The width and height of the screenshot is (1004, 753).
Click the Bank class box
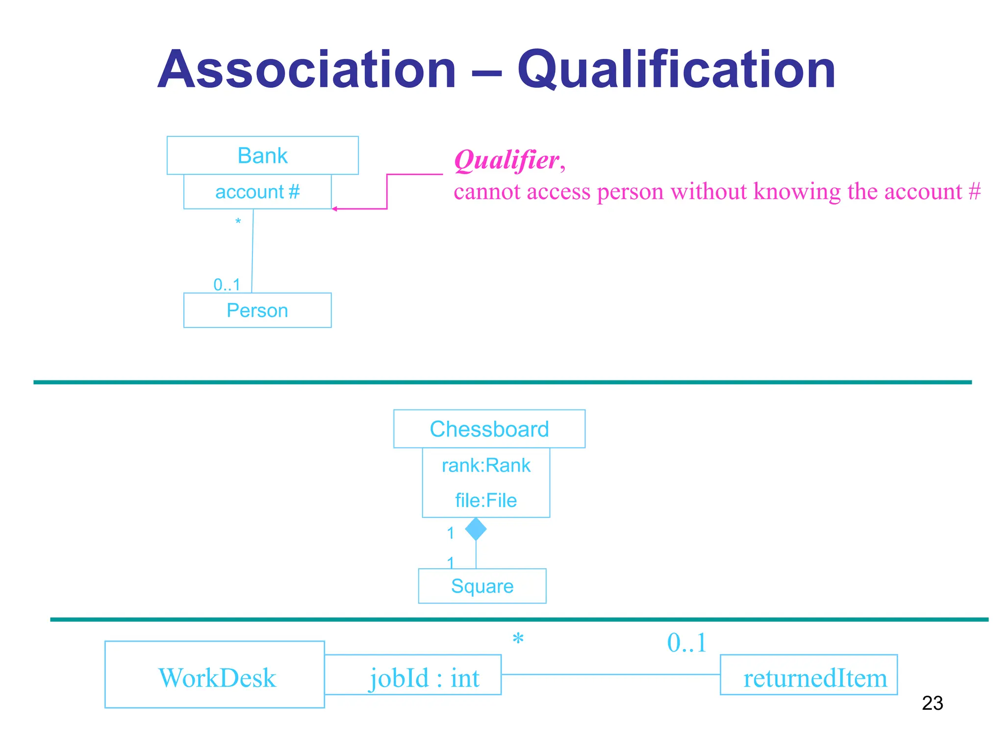pyautogui.click(x=262, y=155)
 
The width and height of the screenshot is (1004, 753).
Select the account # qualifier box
pyautogui.click(x=257, y=192)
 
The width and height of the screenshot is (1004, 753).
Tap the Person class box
pyautogui.click(x=257, y=310)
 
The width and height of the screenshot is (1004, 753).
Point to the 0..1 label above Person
pyautogui.click(x=227, y=284)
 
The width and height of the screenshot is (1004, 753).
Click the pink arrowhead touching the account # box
pyautogui.click(x=335, y=209)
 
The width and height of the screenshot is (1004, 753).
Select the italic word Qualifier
pyautogui.click(x=506, y=160)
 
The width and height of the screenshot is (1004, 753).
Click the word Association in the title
pyautogui.click(x=307, y=70)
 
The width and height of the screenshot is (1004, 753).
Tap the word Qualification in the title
pyautogui.click(x=676, y=70)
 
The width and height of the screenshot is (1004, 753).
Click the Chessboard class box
pyautogui.click(x=489, y=429)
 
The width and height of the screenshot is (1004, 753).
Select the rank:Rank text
pyautogui.click(x=486, y=465)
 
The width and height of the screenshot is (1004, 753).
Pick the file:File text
pyautogui.click(x=486, y=501)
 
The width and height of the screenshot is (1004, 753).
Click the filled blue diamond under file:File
pyautogui.click(x=476, y=529)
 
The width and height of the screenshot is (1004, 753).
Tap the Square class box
pyautogui.click(x=482, y=586)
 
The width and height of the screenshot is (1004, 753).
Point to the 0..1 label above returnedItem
pyautogui.click(x=686, y=642)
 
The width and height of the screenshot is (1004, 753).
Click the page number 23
pyautogui.click(x=932, y=703)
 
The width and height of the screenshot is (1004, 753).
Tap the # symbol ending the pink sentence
pyautogui.click(x=975, y=191)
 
